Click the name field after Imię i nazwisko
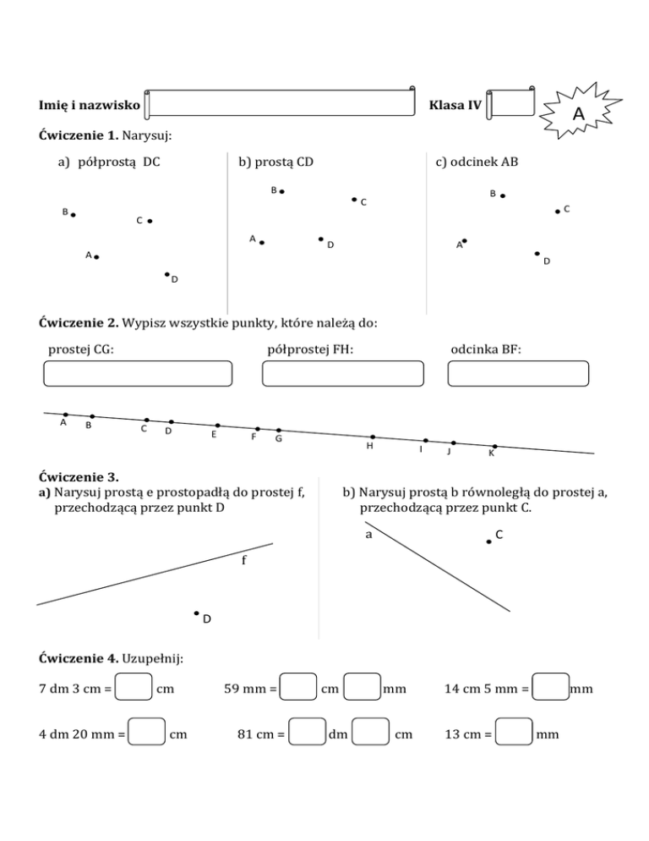pos(281,103)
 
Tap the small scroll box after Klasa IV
pos(512,103)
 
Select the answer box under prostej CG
pos(137,374)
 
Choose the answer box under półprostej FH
pos(343,374)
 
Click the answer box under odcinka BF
pos(518,374)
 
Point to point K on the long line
pos(494,446)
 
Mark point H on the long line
pos(372,437)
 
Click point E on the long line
pos(217,426)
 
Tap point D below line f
pos(196,613)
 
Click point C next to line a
pos(488,541)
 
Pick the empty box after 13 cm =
pos(515,733)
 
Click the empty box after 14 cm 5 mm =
pos(551,689)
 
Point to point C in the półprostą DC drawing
pos(149,221)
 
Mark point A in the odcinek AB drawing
pos(465,241)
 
